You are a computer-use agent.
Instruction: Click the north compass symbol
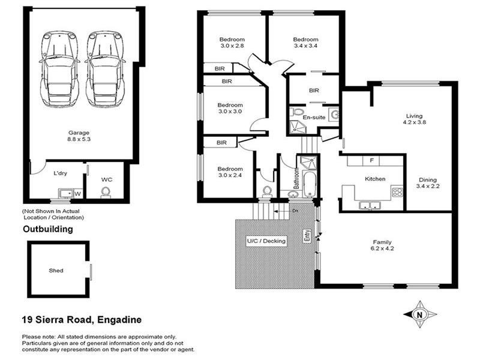(419, 314)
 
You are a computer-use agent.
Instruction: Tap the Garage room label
(79, 133)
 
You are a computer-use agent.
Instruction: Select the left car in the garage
(59, 69)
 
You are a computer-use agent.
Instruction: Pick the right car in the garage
(105, 69)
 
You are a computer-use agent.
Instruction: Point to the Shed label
(56, 271)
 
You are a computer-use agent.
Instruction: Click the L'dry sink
(66, 193)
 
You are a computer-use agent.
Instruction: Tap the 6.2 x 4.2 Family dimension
(382, 248)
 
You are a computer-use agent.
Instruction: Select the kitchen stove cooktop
(397, 192)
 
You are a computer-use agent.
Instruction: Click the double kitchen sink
(370, 205)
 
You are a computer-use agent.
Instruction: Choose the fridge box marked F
(371, 161)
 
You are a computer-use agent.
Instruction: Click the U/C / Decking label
(266, 241)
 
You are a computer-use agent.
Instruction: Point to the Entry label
(307, 236)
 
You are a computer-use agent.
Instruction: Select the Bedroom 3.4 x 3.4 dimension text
(305, 46)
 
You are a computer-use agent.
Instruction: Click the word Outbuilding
(48, 229)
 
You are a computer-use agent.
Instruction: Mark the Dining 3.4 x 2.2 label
(428, 183)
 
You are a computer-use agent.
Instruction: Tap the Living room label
(414, 116)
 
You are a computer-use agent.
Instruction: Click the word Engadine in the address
(119, 320)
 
